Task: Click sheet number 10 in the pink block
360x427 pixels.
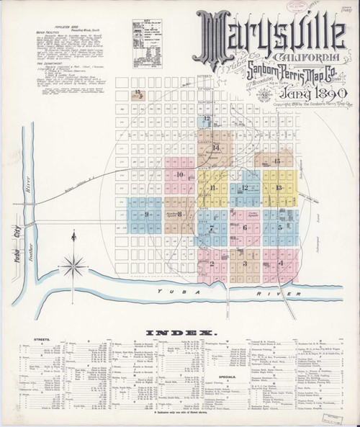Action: [180, 174]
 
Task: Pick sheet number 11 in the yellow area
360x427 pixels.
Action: [214, 188]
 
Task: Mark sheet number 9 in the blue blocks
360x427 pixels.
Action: [146, 214]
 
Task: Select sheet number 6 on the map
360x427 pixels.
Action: [245, 228]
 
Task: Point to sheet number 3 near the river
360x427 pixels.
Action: [245, 263]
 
